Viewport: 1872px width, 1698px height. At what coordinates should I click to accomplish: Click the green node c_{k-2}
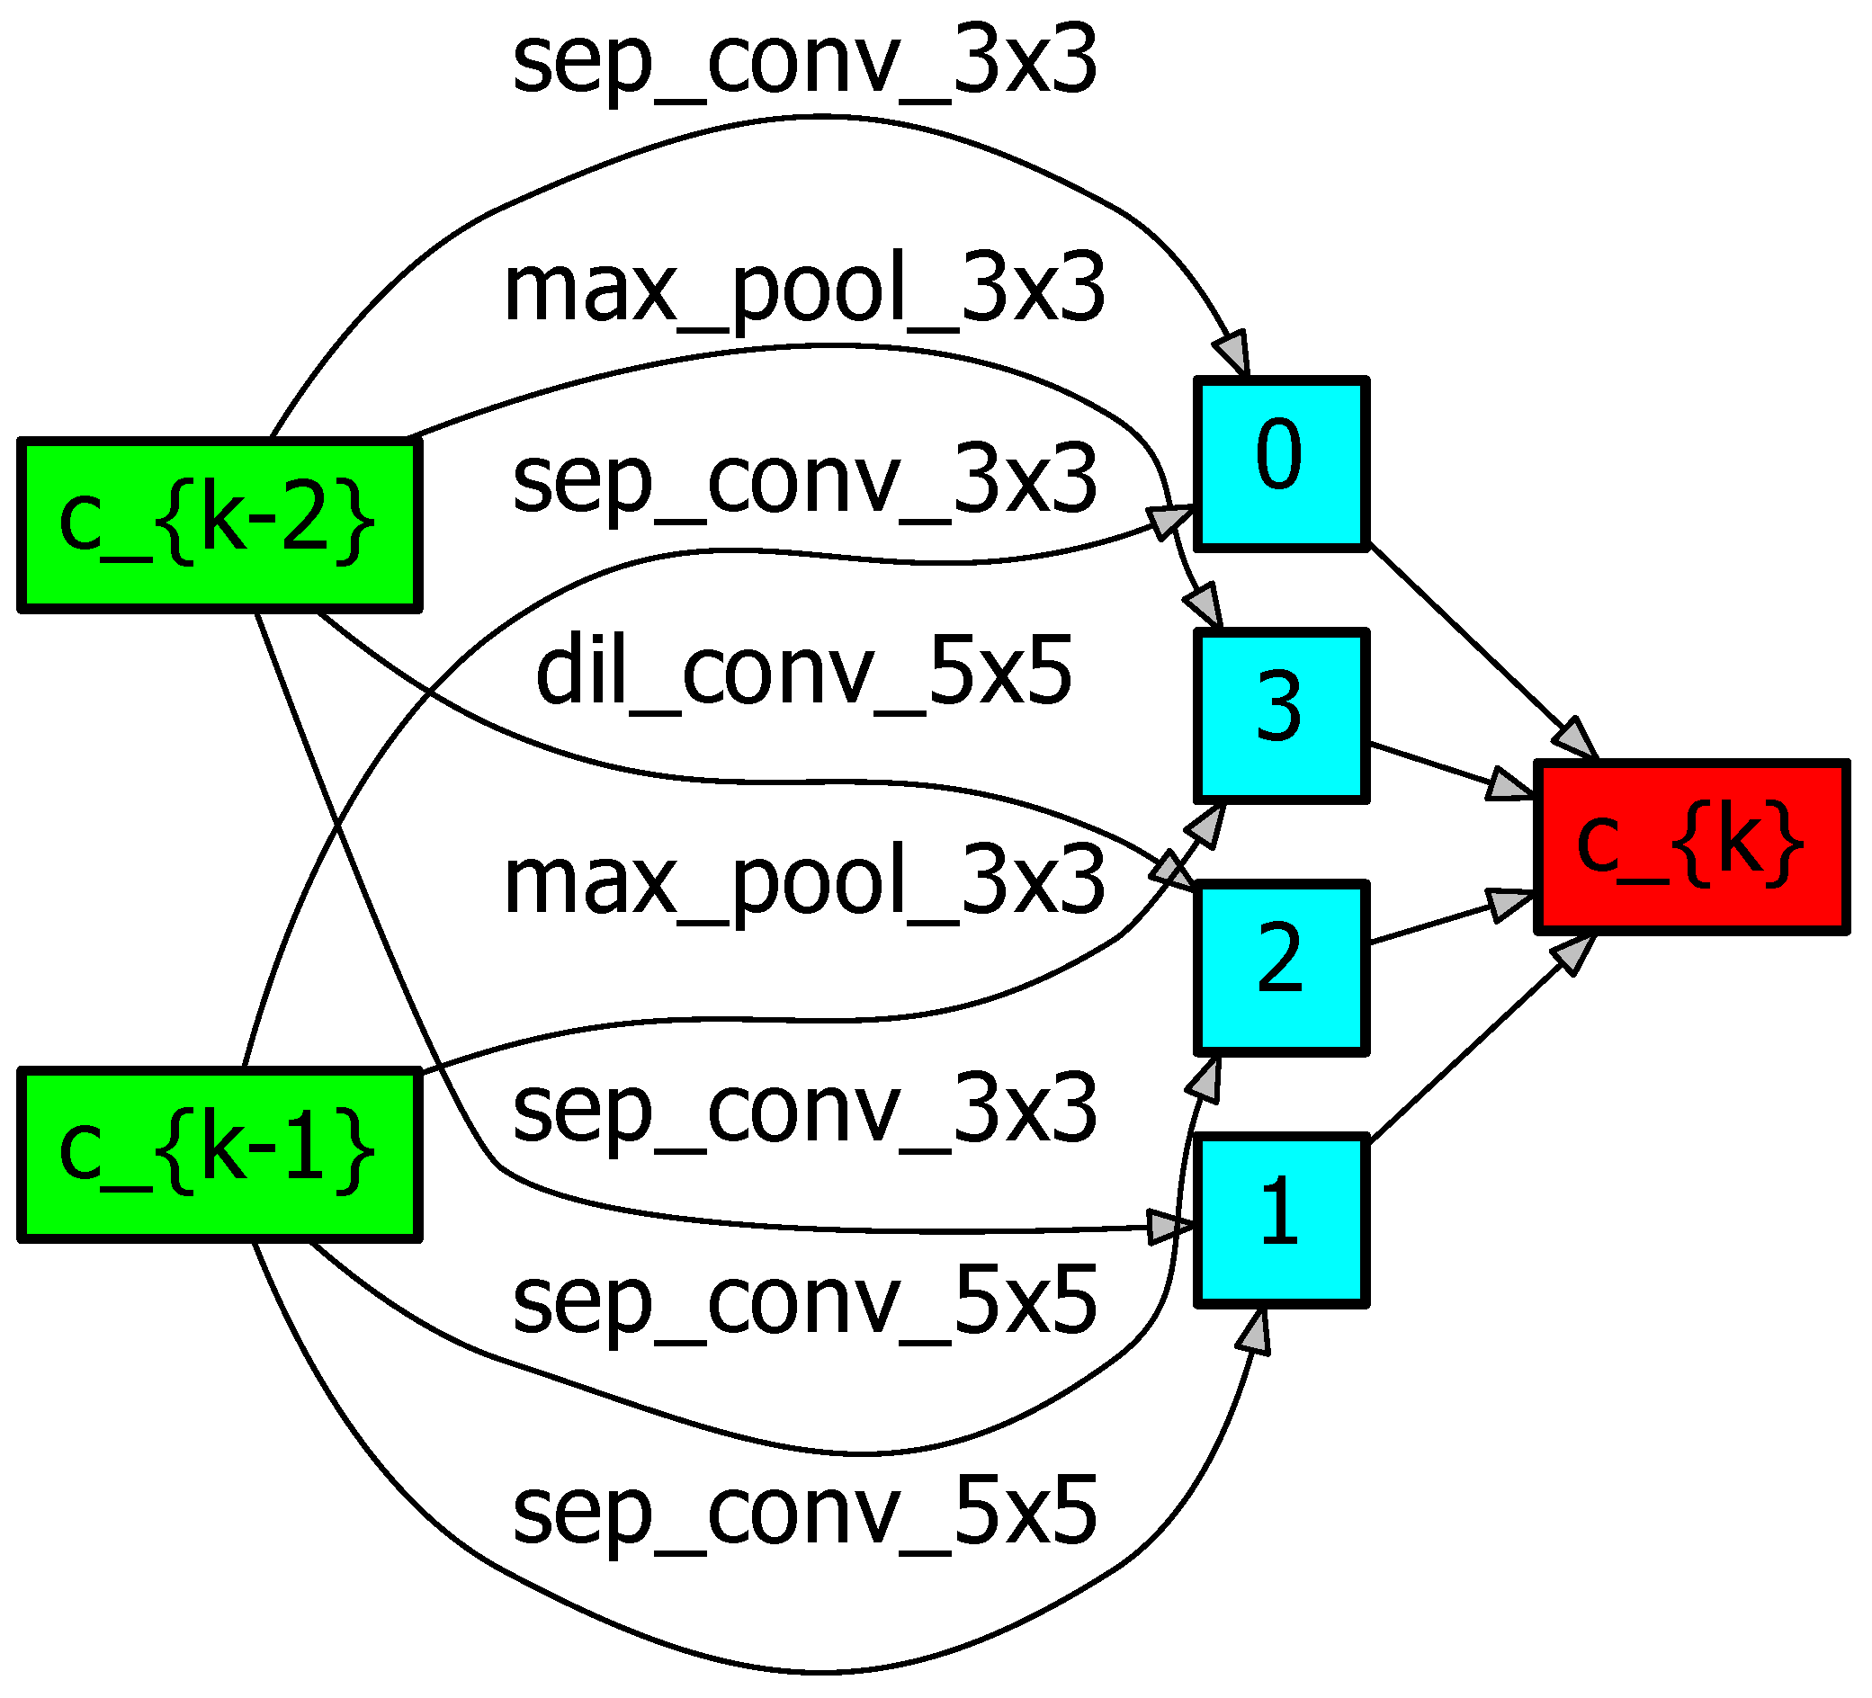(219, 525)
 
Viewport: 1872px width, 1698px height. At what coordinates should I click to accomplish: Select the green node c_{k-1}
(219, 1155)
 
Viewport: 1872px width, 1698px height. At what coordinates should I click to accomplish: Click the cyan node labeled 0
(1281, 463)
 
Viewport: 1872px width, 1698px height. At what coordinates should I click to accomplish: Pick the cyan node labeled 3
(1281, 715)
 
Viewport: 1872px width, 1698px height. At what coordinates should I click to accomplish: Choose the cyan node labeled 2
(1281, 968)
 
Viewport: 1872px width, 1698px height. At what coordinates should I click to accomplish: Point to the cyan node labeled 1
(1281, 1220)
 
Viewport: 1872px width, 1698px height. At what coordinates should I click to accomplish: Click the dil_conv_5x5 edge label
(804, 670)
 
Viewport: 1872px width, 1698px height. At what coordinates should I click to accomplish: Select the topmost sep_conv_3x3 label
(804, 61)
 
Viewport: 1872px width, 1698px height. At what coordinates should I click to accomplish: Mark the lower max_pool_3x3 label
(804, 882)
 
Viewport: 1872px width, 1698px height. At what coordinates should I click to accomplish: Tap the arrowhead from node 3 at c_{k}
(1509, 786)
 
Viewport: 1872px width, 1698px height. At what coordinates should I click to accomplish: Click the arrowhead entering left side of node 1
(1170, 1228)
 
